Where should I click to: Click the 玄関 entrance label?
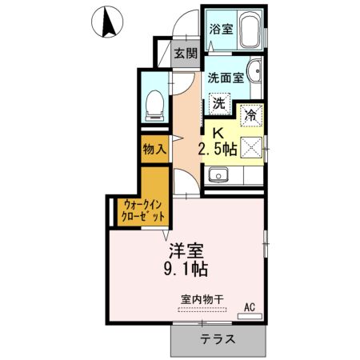pyautogui.click(x=186, y=55)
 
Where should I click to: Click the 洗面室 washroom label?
pyautogui.click(x=225, y=78)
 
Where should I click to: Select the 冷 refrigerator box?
pyautogui.click(x=251, y=114)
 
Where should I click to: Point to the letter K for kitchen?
pyautogui.click(x=216, y=133)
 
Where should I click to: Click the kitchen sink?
pyautogui.click(x=216, y=176)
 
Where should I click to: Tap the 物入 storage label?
pyautogui.click(x=154, y=149)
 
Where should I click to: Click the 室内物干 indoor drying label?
pyautogui.click(x=202, y=300)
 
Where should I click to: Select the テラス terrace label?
pyautogui.click(x=218, y=338)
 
